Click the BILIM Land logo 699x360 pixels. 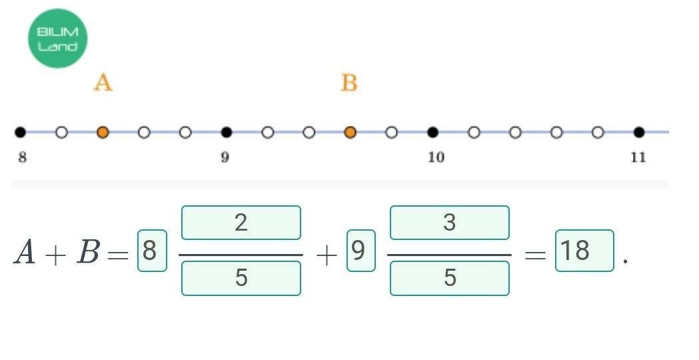[57, 39]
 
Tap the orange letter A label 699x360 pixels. [103, 83]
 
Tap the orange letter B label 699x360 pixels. [349, 83]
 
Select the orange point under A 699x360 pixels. [103, 133]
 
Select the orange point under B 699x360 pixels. [350, 133]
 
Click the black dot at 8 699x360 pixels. [21, 133]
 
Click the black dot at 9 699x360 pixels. [227, 133]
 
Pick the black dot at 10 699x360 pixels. [432, 133]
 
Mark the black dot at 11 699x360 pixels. [639, 133]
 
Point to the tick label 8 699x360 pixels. [22, 158]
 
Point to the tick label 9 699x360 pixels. [225, 158]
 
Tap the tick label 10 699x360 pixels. [436, 158]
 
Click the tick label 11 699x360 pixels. [638, 158]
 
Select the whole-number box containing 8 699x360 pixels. [152, 251]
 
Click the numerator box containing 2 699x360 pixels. [241, 223]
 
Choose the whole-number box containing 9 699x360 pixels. [360, 251]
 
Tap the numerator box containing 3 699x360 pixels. [449, 223]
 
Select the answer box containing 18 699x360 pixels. [584, 251]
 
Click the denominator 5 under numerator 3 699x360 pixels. [449, 278]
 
